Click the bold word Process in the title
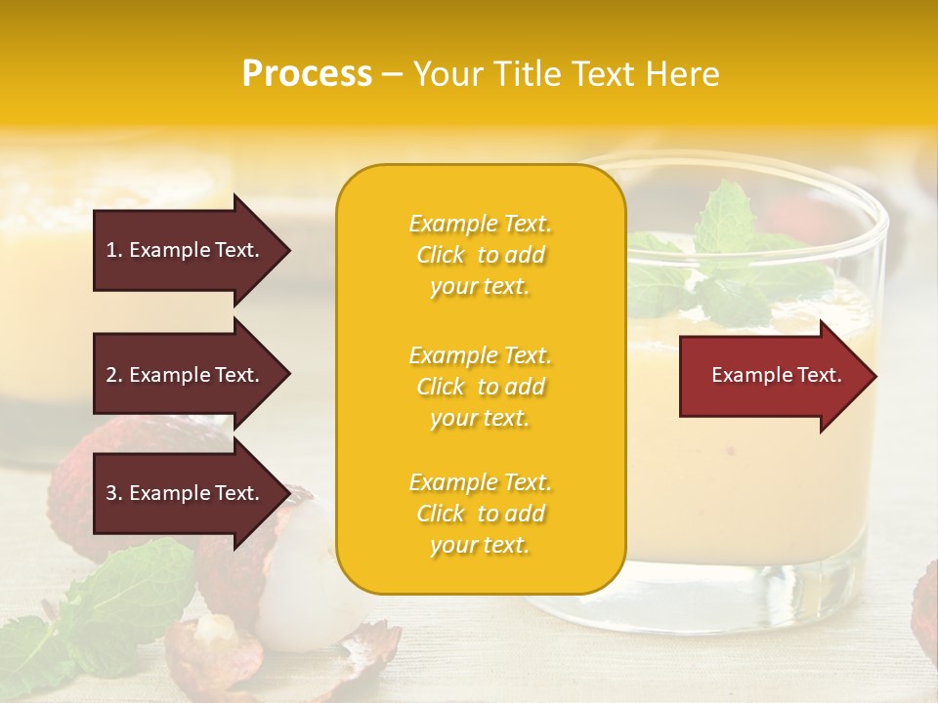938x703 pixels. pos(307,74)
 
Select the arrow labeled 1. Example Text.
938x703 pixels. pos(191,250)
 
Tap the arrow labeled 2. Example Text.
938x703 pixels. pos(191,375)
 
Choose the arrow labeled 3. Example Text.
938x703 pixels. pos(191,493)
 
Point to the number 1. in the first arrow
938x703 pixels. pos(114,250)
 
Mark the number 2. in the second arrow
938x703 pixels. pos(114,375)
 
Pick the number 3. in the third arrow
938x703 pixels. pos(114,493)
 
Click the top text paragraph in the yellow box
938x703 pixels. pos(480,255)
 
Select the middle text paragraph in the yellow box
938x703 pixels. pos(480,387)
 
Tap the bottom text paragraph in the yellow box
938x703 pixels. pos(480,514)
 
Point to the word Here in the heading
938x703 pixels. pos(684,74)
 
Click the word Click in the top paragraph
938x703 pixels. pos(441,255)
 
